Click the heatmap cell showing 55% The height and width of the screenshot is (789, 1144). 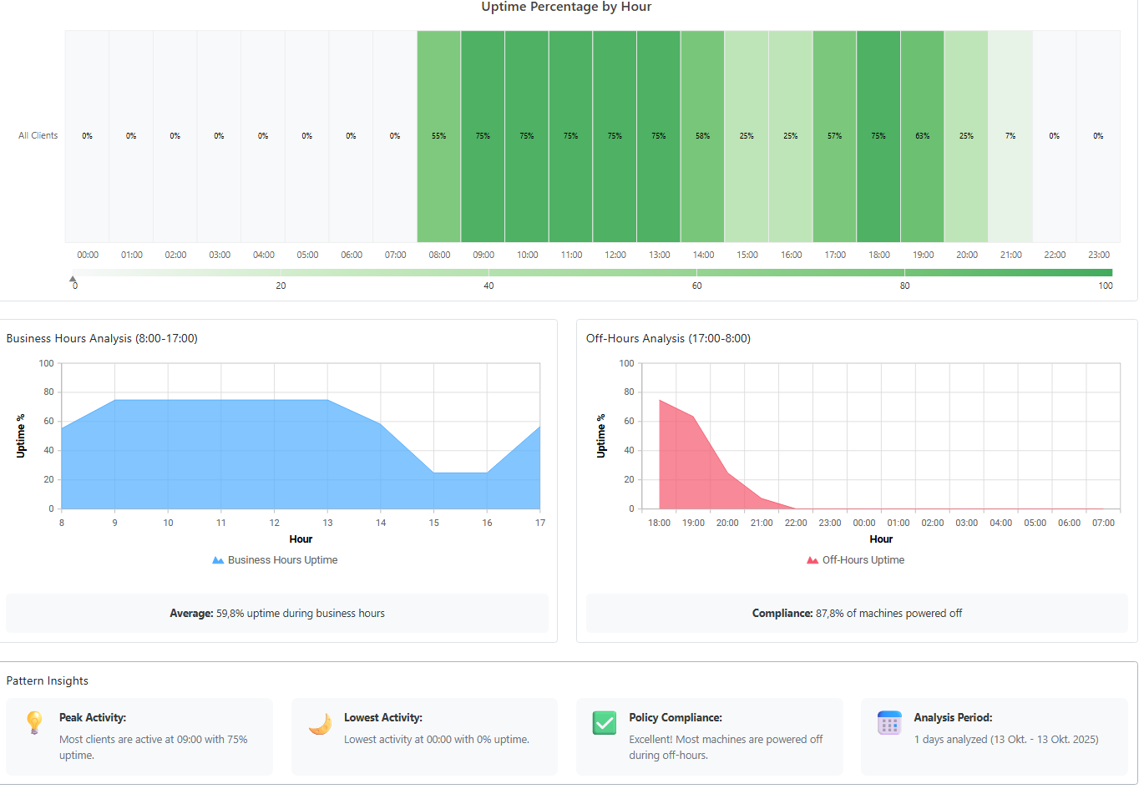438,136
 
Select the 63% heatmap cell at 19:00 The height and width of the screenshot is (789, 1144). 922,136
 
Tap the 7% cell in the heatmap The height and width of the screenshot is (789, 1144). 1010,136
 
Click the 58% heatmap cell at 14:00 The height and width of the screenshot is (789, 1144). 702,136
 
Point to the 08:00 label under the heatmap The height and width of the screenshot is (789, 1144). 439,255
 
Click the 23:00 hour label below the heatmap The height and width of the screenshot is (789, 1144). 1098,255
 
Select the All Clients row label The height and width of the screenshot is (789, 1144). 38,135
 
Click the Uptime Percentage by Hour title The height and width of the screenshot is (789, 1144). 566,7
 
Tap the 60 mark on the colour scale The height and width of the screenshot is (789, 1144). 696,286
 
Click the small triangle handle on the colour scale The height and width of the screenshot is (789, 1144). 73,279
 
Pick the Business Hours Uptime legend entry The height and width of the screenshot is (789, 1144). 275,560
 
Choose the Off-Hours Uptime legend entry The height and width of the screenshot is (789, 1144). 855,560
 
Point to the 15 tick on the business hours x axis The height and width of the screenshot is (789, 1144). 434,523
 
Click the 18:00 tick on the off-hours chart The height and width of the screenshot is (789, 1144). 659,523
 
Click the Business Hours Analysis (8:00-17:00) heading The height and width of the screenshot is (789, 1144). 102,338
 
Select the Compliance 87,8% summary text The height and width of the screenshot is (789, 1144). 857,613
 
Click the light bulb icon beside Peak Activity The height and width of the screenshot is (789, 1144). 34,722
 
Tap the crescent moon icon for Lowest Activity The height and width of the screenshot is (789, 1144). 320,724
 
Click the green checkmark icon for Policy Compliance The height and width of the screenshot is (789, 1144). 605,723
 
